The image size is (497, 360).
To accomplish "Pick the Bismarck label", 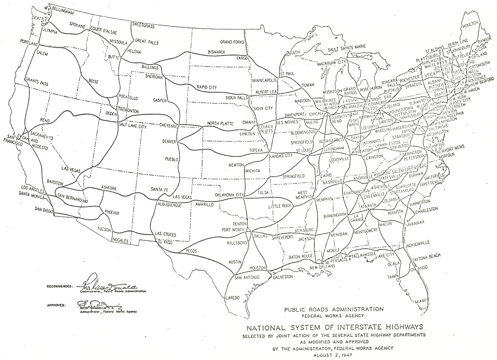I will pyautogui.click(x=217, y=52).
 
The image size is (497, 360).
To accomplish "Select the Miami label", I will pyautogui.click(x=422, y=300).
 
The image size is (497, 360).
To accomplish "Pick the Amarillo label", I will pyautogui.click(x=204, y=204).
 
